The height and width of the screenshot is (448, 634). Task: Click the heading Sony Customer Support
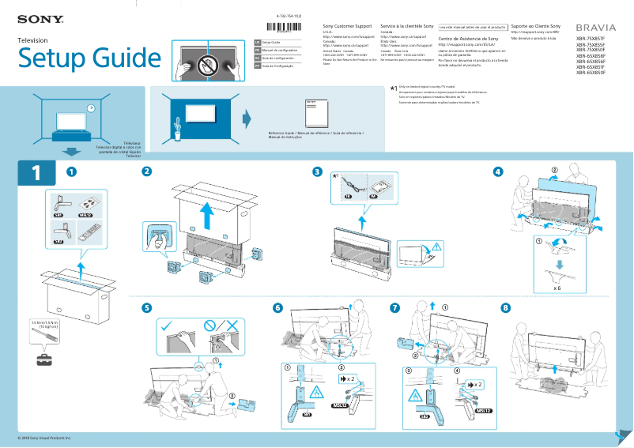(347, 26)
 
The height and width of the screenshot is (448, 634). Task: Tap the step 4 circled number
(497, 171)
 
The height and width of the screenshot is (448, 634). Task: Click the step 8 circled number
(506, 307)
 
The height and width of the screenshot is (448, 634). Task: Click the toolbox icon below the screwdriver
(45, 360)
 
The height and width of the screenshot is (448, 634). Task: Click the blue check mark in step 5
(168, 326)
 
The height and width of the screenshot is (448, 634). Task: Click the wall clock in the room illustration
(91, 108)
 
